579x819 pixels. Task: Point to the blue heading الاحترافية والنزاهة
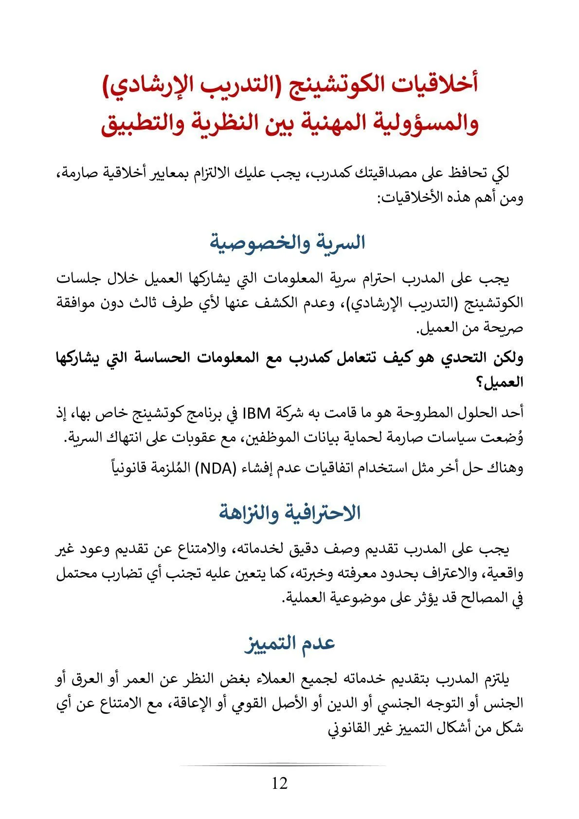click(289, 513)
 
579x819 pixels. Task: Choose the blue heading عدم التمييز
click(289, 643)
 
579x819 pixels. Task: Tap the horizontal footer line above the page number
click(282, 765)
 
